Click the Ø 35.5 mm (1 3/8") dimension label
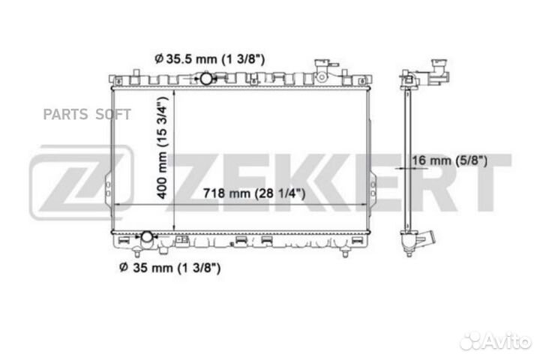(x=209, y=59)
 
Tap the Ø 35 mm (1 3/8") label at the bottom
(x=169, y=267)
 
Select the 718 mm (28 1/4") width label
(x=254, y=193)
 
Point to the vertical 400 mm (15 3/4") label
(x=162, y=148)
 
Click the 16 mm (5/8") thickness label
(x=449, y=160)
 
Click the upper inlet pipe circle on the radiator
(x=206, y=79)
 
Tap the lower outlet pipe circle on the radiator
(x=147, y=237)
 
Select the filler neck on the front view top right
(x=322, y=70)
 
